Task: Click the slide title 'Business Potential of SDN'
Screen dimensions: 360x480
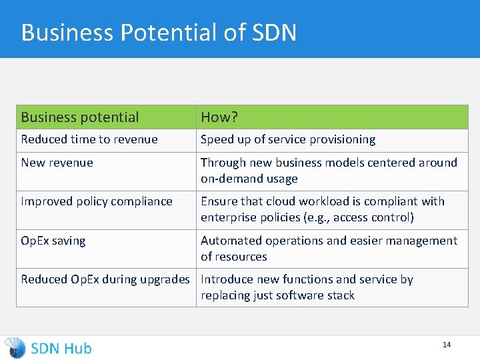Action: point(159,32)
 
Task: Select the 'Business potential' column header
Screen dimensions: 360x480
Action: point(80,117)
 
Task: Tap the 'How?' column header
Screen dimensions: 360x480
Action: point(219,117)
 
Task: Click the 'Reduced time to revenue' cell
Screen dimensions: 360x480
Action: point(89,139)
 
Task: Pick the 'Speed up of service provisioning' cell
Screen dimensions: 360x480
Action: point(288,139)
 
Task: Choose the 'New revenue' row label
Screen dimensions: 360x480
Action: point(57,163)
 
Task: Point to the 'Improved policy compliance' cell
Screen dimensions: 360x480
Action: point(97,201)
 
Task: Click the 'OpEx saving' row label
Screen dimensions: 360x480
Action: point(53,241)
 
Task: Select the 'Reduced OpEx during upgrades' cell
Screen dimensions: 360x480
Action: point(105,279)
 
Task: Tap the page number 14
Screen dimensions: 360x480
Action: point(447,345)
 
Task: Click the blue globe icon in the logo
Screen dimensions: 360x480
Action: point(15,347)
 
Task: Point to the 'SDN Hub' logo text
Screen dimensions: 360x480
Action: point(61,348)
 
